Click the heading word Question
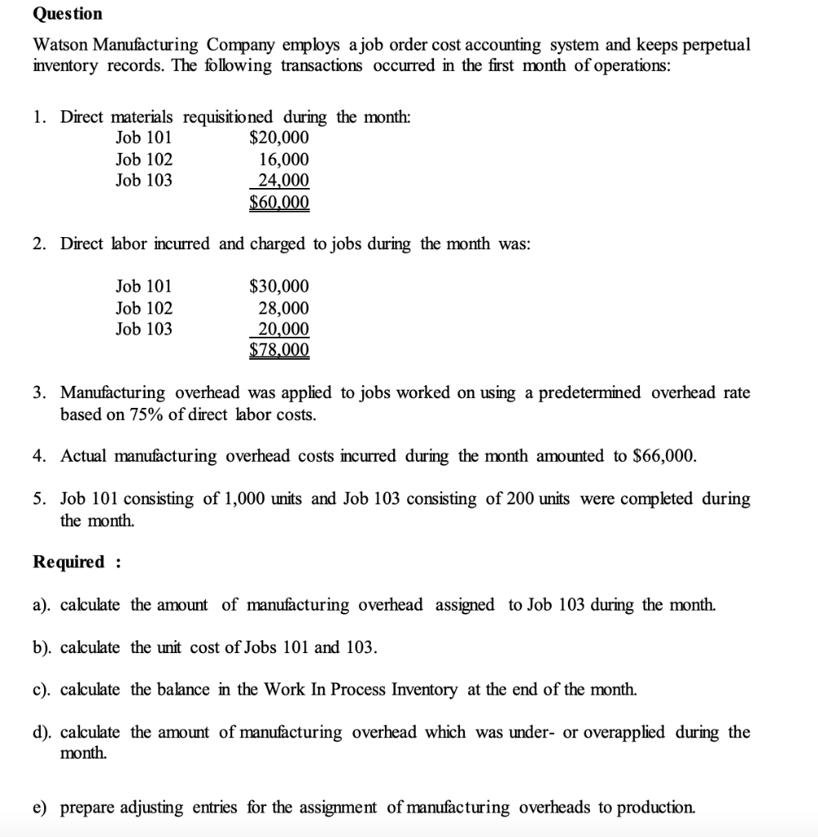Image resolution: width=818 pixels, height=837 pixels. pos(68,14)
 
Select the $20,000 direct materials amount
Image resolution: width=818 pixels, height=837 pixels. pos(279,137)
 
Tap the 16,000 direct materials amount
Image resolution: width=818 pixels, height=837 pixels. pos(284,159)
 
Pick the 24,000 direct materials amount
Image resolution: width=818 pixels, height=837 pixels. pos(284,181)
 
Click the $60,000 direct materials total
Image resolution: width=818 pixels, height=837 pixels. pos(279,202)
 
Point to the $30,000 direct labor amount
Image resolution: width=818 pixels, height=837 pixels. pos(279,286)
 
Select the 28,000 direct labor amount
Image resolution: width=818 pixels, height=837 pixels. pos(284,308)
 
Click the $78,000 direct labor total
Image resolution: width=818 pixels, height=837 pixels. pos(279,351)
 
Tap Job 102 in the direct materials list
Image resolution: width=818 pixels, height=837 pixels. pos(144,159)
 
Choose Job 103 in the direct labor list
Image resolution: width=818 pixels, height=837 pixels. pos(144,329)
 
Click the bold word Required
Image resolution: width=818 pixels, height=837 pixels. pos(69,562)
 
